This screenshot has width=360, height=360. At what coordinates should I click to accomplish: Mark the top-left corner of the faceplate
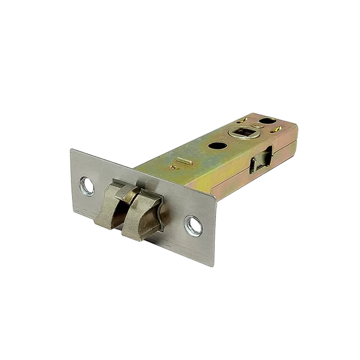point(71,147)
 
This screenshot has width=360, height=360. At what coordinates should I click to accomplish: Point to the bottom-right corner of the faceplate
point(214,266)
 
